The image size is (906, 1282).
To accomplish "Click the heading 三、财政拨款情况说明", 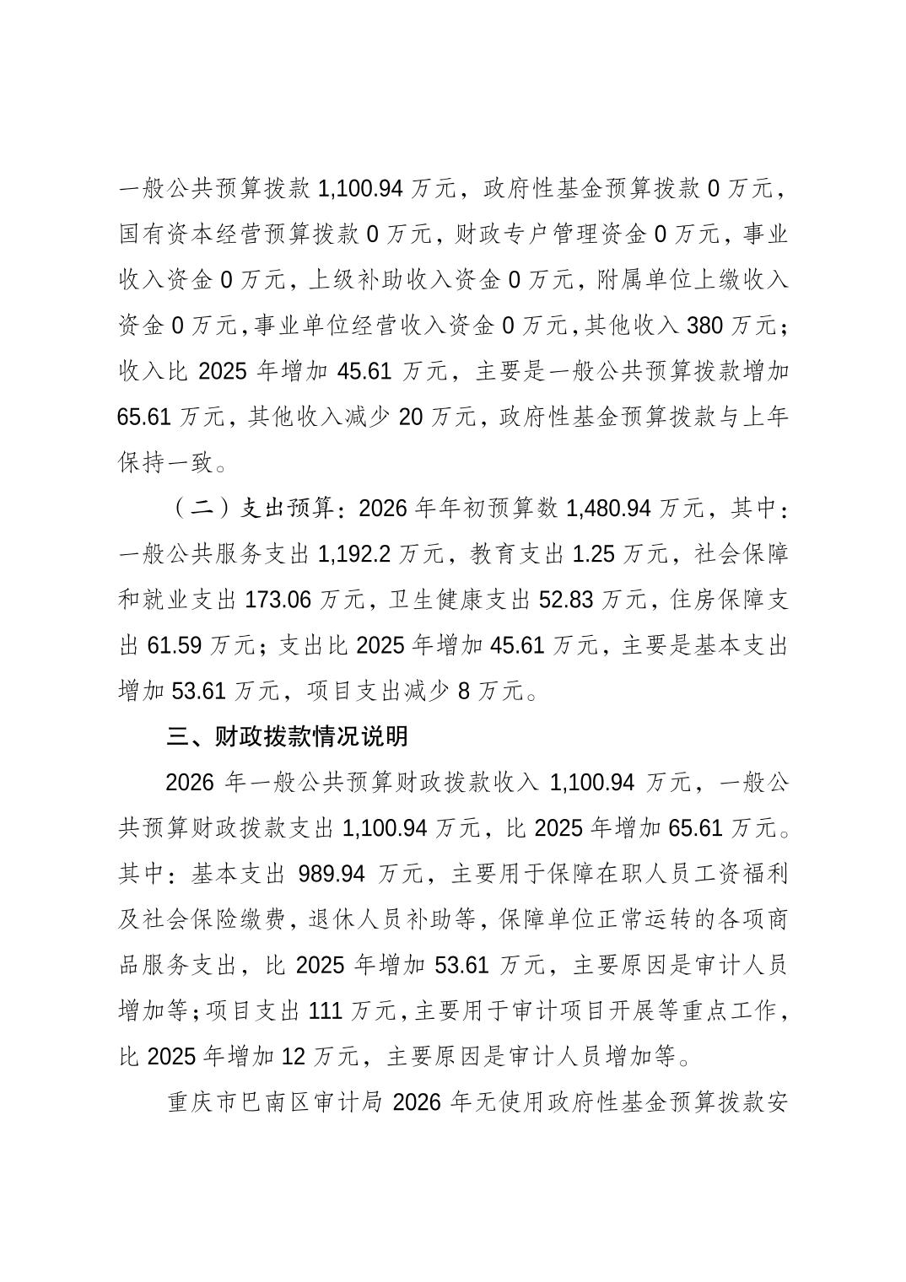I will pos(288,736).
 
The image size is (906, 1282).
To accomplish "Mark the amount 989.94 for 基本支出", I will pos(332,873).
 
